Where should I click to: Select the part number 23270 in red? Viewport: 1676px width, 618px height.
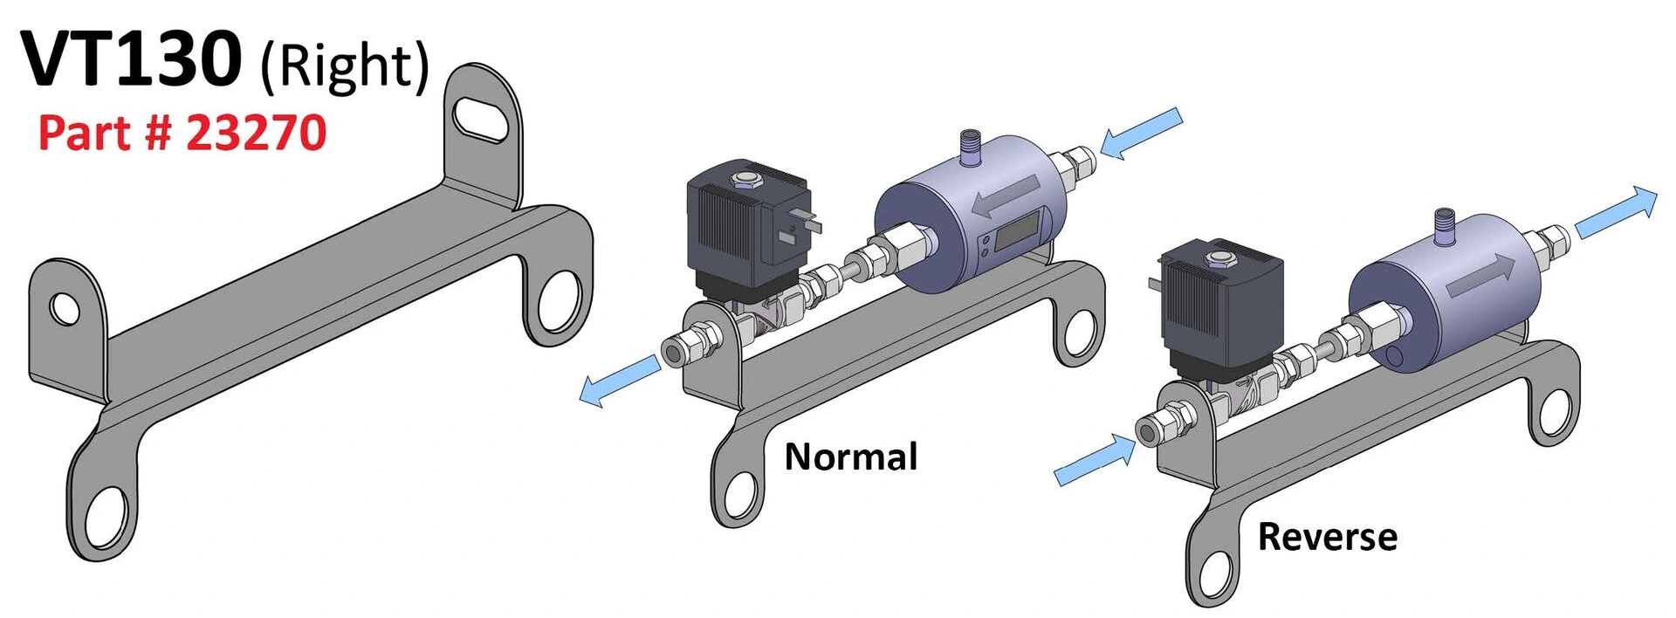[256, 133]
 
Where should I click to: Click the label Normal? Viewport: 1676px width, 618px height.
[851, 457]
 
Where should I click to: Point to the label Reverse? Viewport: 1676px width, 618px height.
[1327, 536]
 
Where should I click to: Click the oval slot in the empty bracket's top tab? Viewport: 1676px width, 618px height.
[480, 120]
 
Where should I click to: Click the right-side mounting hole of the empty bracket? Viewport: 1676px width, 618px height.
[559, 302]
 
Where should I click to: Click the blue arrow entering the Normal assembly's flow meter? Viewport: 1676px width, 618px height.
[1141, 133]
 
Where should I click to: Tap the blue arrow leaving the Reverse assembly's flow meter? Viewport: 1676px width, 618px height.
[1616, 212]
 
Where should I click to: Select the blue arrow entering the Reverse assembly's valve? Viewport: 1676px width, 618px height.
[1096, 461]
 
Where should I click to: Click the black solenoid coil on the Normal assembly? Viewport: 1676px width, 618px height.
[749, 223]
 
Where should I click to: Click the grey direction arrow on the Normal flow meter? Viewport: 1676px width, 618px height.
[1005, 196]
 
